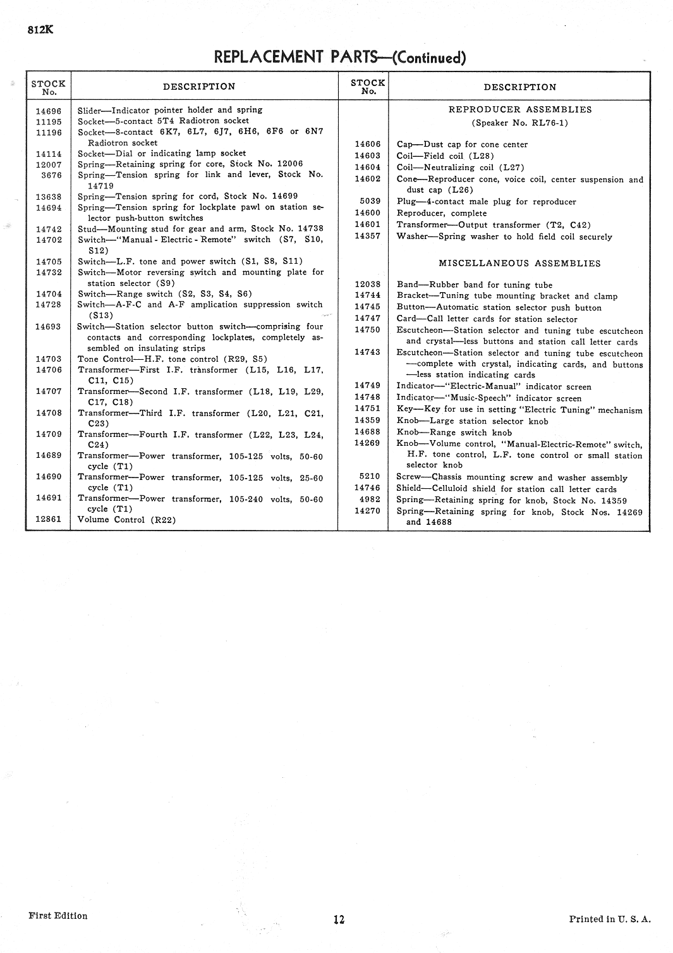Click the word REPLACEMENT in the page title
pos(269,57)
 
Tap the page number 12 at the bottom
pos(339,919)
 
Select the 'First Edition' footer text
pos(58,916)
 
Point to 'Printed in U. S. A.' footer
pos(609,919)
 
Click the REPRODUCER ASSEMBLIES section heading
pos(519,109)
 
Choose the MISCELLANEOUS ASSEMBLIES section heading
pos(519,263)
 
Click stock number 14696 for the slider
pos(49,111)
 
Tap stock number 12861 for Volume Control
pos(49,519)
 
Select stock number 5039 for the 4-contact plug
pos(370,201)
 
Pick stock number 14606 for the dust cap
pos(367,144)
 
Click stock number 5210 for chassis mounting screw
pos(370,476)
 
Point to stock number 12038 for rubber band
pos(367,285)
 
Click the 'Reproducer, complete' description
pos(442,213)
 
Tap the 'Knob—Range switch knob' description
pos(454,433)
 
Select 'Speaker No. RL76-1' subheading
pos(519,123)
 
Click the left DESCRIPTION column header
pos(199,87)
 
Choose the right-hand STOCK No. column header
pos(367,87)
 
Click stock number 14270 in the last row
pos(367,511)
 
